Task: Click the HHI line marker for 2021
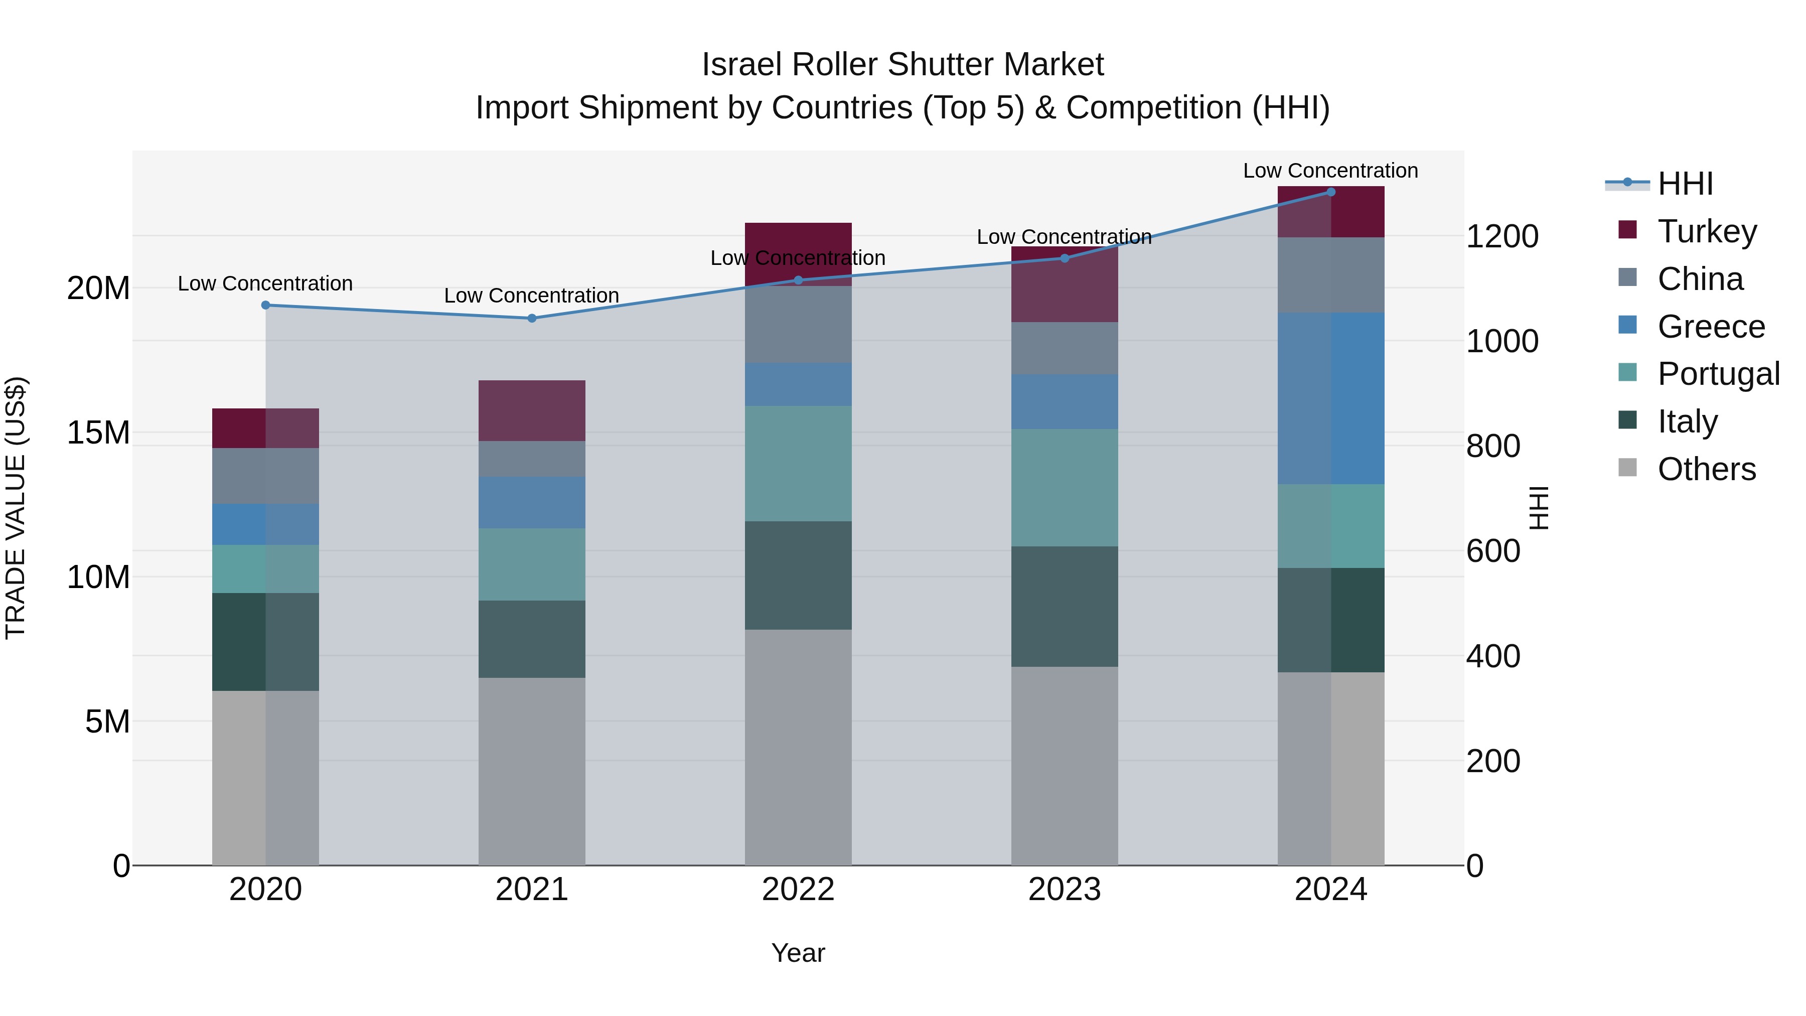tap(531, 318)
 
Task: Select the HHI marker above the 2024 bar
tap(1330, 192)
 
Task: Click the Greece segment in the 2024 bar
tap(1330, 398)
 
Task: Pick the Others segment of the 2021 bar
tap(531, 771)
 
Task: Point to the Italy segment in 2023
tap(1064, 607)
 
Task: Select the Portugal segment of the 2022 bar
tap(798, 464)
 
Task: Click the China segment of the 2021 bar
tap(531, 459)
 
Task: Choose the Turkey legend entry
tap(1707, 231)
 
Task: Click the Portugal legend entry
tap(1718, 374)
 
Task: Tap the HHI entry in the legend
tap(1685, 184)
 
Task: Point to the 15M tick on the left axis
tap(98, 432)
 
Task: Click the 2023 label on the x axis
tap(1064, 890)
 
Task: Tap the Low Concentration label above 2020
tap(265, 284)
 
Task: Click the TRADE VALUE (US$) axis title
tap(16, 508)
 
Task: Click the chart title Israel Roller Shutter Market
tap(902, 65)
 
